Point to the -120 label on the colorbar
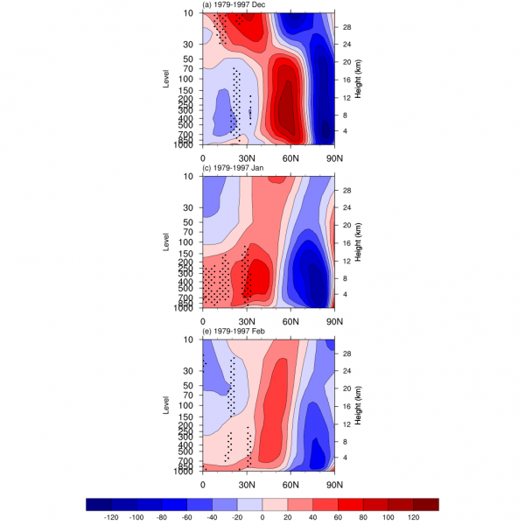coord(110,517)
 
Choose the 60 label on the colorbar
coord(338,517)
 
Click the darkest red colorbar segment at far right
coord(426,504)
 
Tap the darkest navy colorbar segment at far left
coord(98,504)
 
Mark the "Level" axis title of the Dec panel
coord(166,78)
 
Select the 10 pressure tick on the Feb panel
coord(190,339)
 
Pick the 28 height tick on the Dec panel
coord(346,26)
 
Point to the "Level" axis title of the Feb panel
coord(166,405)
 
